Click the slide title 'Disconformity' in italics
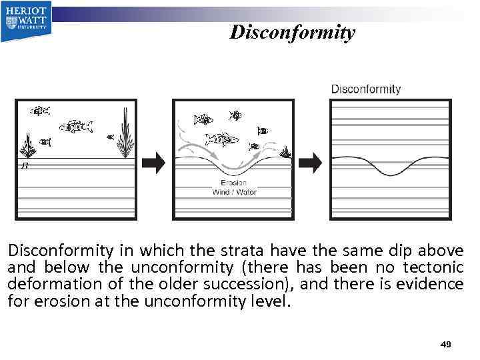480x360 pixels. (x=292, y=32)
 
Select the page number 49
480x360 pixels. (x=446, y=344)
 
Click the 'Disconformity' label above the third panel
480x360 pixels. (x=366, y=89)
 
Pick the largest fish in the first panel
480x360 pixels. (x=75, y=125)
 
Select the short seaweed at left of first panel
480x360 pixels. (x=28, y=143)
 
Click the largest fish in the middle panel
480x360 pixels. (x=221, y=139)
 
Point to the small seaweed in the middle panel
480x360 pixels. (x=285, y=152)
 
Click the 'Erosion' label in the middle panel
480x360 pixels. (x=233, y=183)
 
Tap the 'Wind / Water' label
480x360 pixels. (x=234, y=192)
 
